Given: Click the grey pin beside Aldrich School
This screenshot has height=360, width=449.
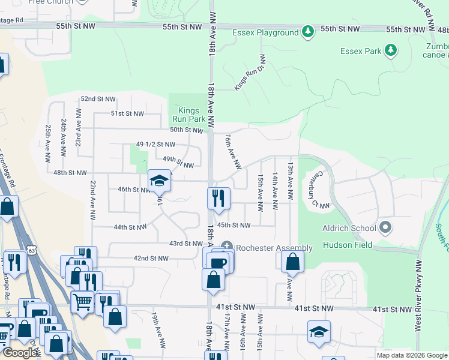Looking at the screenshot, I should pyautogui.click(x=386, y=228).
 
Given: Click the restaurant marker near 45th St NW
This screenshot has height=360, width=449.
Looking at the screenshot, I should pyautogui.click(x=218, y=199).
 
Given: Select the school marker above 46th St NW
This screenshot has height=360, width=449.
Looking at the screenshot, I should pyautogui.click(x=159, y=181).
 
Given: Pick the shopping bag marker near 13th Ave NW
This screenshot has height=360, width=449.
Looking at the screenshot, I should pyautogui.click(x=292, y=262).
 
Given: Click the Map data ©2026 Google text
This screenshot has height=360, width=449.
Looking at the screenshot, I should pyautogui.click(x=412, y=355).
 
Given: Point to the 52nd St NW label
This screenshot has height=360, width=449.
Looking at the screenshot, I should pyautogui.click(x=98, y=99).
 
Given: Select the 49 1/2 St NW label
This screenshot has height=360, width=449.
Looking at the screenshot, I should pyautogui.click(x=155, y=145).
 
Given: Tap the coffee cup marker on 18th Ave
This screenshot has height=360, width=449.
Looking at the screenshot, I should pyautogui.click(x=219, y=262).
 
